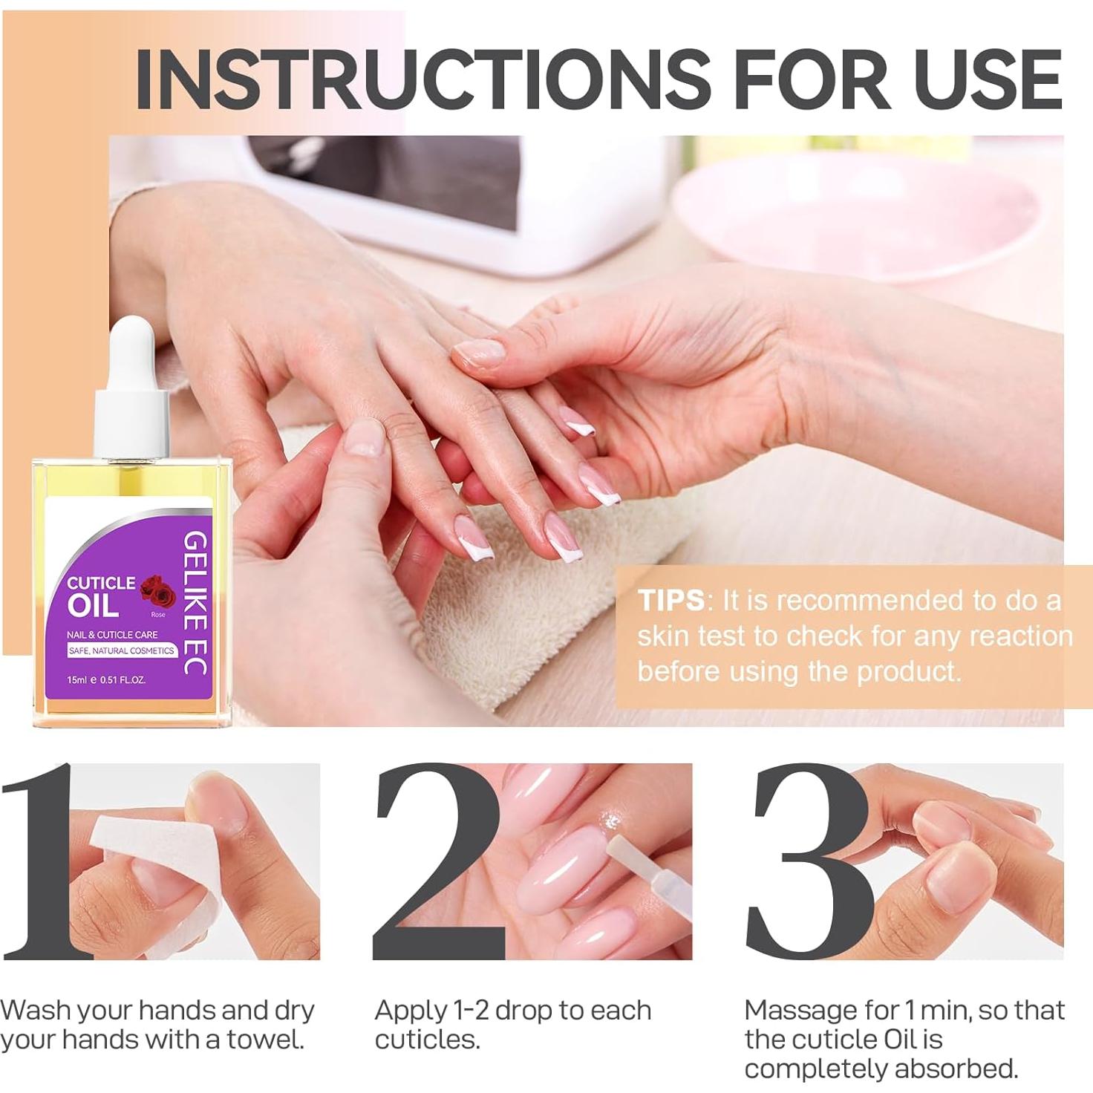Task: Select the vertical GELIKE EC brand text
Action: point(195,603)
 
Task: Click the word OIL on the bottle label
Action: point(93,606)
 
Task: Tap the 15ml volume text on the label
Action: point(77,679)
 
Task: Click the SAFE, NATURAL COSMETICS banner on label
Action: point(121,650)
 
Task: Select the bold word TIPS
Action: point(671,600)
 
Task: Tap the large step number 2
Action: point(438,861)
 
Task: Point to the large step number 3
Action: point(809,861)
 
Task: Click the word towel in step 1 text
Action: point(265,1040)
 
